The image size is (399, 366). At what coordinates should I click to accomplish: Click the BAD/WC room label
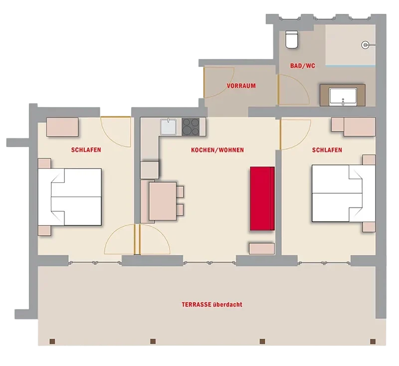point(303,66)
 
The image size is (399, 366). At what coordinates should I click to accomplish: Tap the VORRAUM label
point(241,86)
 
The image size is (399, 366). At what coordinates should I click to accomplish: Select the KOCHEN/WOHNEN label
point(217,150)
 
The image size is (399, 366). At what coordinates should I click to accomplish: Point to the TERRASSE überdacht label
point(212,304)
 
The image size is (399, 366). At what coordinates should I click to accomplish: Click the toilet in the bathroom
point(292,39)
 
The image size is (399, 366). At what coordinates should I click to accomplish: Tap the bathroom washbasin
point(343,97)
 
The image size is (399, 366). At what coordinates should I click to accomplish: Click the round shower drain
point(365,45)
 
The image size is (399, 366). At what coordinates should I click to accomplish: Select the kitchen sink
point(168,126)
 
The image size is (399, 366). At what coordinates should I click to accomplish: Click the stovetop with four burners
point(191,126)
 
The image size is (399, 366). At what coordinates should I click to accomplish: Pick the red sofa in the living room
point(262,199)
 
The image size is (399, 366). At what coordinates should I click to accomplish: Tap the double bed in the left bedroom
point(70,197)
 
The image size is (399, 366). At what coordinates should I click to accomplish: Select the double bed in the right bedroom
point(344,194)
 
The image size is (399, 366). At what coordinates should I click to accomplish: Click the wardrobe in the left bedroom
point(62,127)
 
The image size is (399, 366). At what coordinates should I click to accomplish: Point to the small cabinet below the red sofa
point(262,248)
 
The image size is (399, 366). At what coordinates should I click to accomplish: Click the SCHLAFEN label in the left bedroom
point(86,150)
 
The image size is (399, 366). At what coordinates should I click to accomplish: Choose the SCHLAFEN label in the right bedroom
point(327,150)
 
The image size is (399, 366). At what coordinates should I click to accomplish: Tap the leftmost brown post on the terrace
point(52,341)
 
